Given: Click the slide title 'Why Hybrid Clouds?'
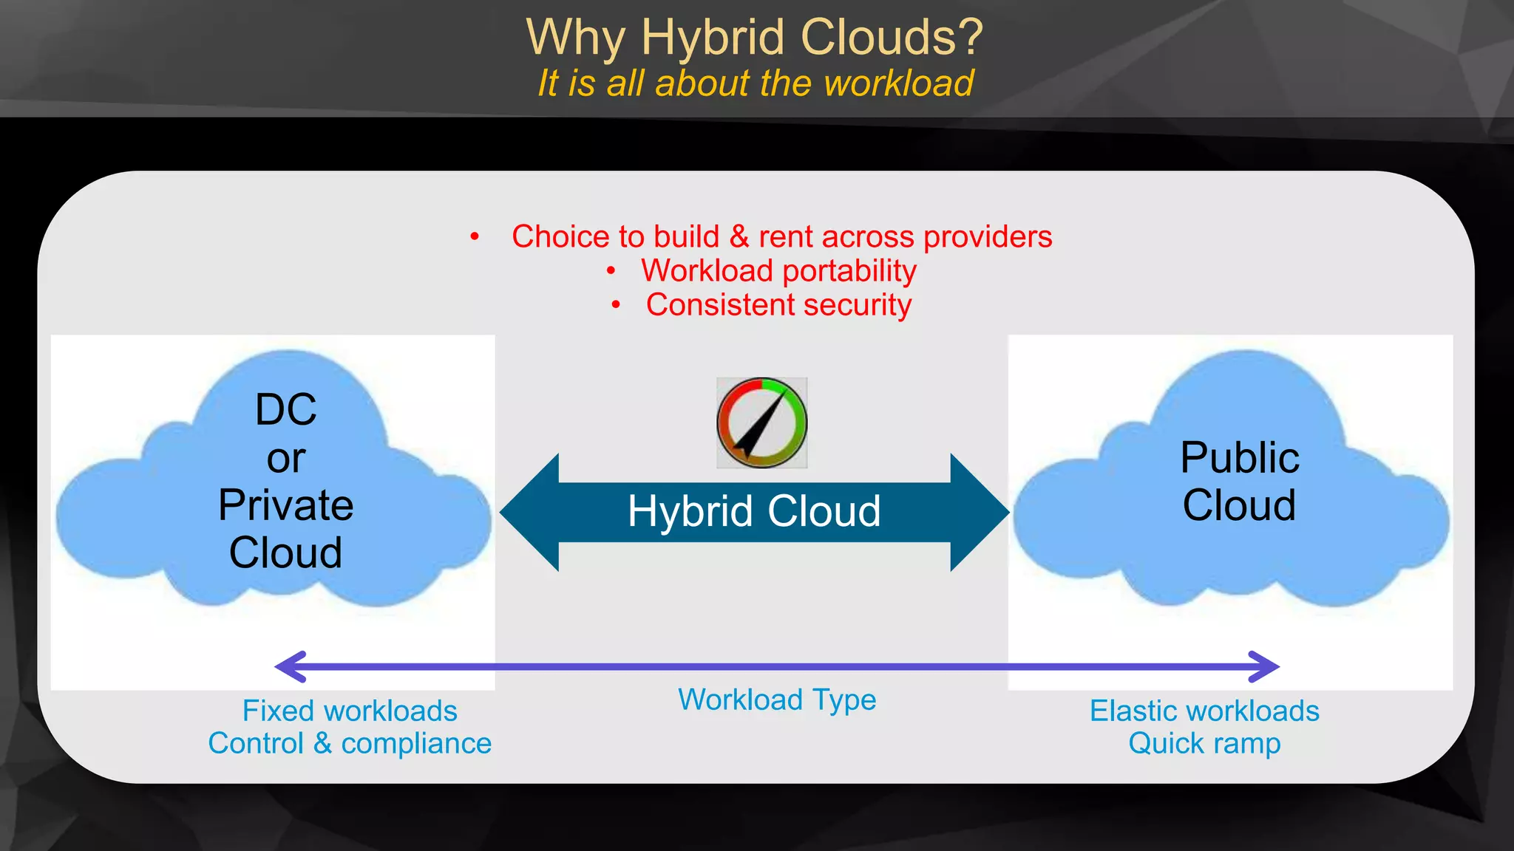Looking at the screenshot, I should tap(755, 37).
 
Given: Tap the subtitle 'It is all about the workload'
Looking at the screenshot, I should tap(755, 83).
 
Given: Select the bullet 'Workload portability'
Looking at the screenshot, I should tap(778, 271).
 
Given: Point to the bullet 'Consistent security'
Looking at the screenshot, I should tap(778, 305).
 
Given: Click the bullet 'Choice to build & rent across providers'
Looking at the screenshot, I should tap(781, 237).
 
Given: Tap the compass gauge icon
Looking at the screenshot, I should tap(761, 423).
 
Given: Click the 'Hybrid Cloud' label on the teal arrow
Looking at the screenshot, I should tap(754, 511).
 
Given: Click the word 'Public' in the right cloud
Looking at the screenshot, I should tap(1240, 457).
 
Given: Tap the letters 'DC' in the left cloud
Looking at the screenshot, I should tap(286, 409).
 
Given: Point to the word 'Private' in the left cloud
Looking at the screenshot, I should tap(286, 505).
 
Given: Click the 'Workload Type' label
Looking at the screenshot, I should tap(777, 700).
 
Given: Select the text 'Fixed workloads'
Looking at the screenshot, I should tap(350, 711).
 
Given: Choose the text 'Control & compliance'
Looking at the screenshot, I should tap(350, 743).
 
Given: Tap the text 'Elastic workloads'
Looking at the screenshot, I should tap(1204, 711).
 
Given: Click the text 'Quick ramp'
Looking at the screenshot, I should tap(1204, 743).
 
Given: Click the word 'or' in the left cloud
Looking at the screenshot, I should tap(286, 459).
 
